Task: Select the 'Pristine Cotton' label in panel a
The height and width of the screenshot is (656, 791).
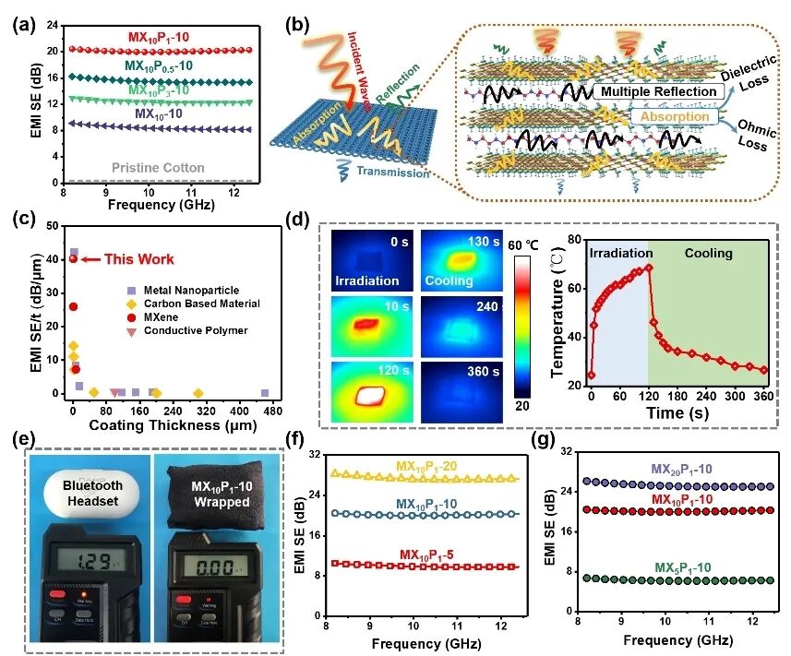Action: tap(159, 168)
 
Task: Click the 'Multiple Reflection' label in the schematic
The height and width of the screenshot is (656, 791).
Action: tap(656, 92)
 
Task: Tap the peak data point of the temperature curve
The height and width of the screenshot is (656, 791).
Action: tap(649, 268)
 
